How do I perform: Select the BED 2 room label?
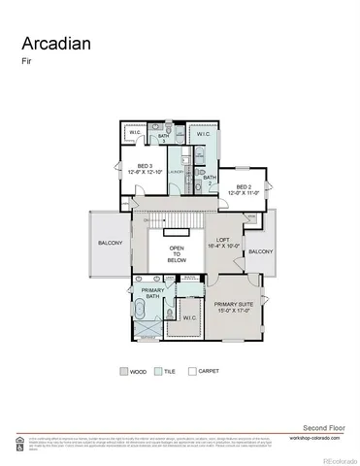(x=238, y=190)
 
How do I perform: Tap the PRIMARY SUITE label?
(x=232, y=309)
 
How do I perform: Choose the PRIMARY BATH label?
(x=152, y=295)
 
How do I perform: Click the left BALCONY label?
(x=109, y=244)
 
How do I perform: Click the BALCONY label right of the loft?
(x=260, y=251)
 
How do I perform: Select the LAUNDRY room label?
(x=177, y=172)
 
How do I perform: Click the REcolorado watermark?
(x=339, y=459)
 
